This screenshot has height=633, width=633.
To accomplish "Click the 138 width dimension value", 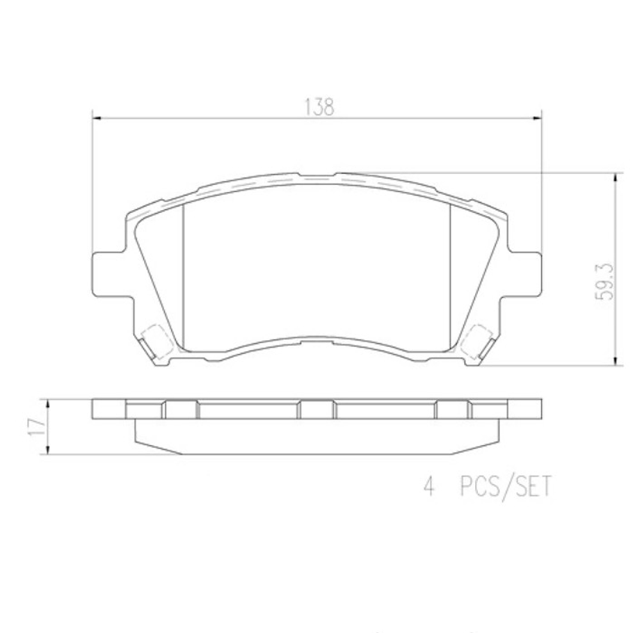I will (x=319, y=106).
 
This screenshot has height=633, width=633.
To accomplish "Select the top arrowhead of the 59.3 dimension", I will (x=614, y=179).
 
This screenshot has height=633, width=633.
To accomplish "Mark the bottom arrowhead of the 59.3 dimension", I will (x=614, y=359).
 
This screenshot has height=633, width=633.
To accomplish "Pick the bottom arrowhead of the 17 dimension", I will (x=47, y=450).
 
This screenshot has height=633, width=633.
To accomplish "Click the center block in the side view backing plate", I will (x=316, y=410).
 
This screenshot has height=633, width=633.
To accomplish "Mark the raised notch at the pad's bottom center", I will (x=316, y=341).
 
